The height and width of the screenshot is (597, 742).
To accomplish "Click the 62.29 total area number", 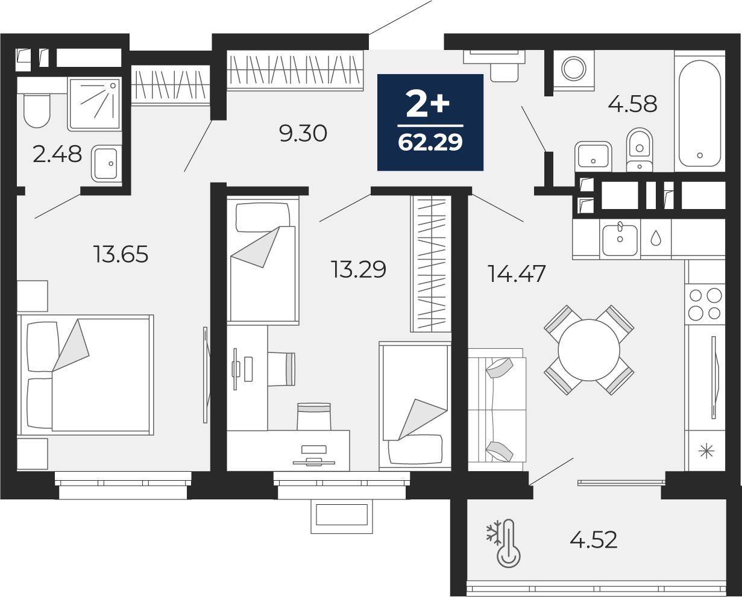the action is click(430, 142).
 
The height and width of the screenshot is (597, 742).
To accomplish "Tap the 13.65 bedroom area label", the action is click(121, 254).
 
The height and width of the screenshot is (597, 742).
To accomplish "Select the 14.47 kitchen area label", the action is click(517, 273).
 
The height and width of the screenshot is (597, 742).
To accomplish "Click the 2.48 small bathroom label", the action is click(57, 154).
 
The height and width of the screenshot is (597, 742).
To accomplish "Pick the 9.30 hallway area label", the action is click(303, 133).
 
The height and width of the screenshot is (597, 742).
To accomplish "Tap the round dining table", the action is click(589, 350).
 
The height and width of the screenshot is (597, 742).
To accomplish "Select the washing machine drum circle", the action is click(573, 68).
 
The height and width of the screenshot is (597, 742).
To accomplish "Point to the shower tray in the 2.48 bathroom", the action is click(95, 104).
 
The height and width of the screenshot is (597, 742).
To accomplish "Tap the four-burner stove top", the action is click(705, 304).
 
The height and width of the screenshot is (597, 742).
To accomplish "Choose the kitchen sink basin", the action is click(620, 240).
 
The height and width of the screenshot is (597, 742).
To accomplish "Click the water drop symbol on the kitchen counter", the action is click(656, 238).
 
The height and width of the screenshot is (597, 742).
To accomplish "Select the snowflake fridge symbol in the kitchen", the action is click(706, 451).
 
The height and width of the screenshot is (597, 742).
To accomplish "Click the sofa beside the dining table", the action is click(497, 410).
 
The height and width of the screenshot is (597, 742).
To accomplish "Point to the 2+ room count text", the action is click(428, 103).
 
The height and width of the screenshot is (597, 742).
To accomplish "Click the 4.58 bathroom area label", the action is click(632, 104).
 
